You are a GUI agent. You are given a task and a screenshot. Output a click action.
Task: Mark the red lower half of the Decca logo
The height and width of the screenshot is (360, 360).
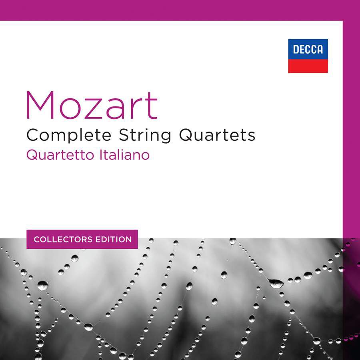tap(308, 66)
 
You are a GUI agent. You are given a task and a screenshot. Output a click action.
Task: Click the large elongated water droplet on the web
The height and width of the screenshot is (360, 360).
tap(276, 283)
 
